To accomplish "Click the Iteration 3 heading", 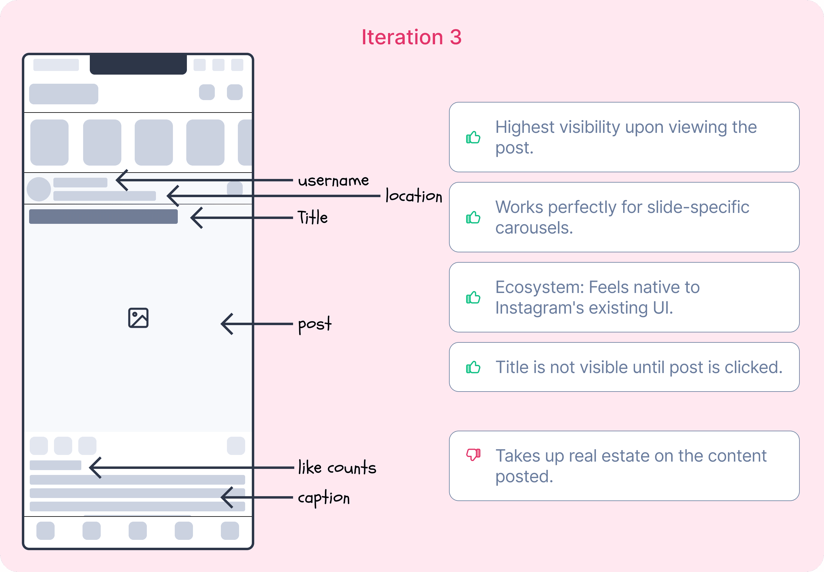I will click(x=411, y=37).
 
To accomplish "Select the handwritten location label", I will click(x=414, y=196).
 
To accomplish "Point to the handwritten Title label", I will click(x=312, y=217).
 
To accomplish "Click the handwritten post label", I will click(x=315, y=324).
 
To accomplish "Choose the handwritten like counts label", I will click(x=337, y=468).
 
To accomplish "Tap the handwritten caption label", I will click(x=324, y=498).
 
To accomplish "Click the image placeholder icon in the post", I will click(x=138, y=318).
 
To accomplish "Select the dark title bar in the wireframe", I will click(x=103, y=217).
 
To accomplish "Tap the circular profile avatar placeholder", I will click(x=39, y=189).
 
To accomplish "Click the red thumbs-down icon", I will click(x=473, y=454).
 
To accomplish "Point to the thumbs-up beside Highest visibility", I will click(x=473, y=137).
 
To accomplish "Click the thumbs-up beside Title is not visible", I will click(x=473, y=367).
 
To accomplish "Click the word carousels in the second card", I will click(x=534, y=228).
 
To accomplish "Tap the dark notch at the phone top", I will click(x=138, y=64).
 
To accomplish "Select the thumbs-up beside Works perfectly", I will click(x=473, y=217).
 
